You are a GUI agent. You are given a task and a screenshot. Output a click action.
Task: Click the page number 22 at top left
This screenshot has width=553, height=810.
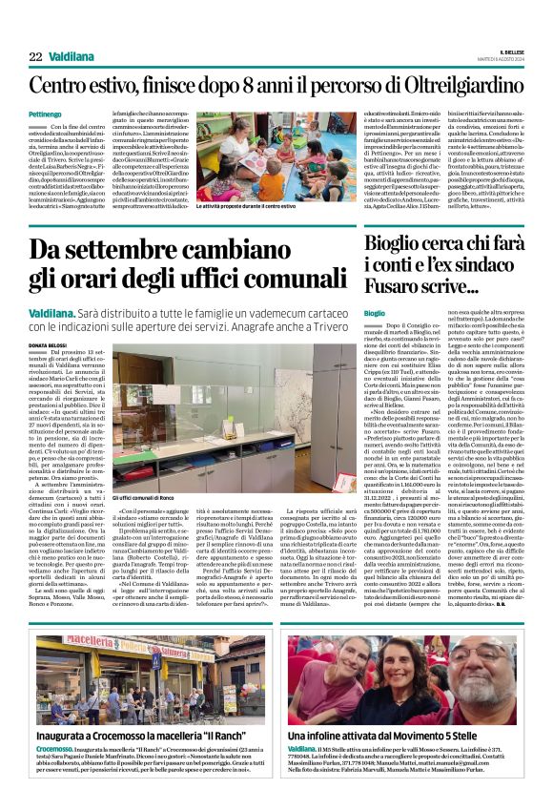pos(35,57)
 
